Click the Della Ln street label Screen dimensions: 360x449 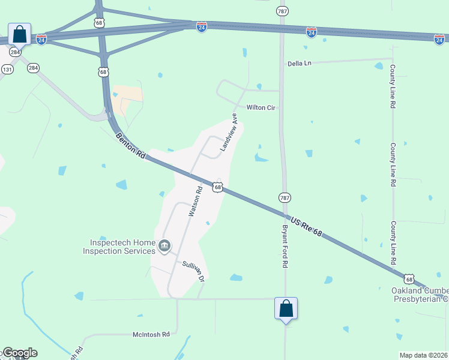pyautogui.click(x=300, y=63)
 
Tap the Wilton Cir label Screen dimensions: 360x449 pyautogui.click(x=261, y=107)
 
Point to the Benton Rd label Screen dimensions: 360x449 pyautogui.click(x=131, y=146)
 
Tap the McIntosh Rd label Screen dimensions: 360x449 pyautogui.click(x=151, y=334)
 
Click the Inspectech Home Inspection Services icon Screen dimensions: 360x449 pyautogui.click(x=164, y=245)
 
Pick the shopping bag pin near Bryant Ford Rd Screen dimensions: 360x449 pyautogui.click(x=286, y=308)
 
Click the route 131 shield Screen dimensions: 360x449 pyautogui.click(x=7, y=70)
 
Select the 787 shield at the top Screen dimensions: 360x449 pyautogui.click(x=283, y=11)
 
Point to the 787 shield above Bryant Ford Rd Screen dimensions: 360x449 pyautogui.click(x=285, y=197)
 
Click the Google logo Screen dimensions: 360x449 pyautogui.click(x=19, y=353)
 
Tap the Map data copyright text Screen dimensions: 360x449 pyautogui.click(x=423, y=355)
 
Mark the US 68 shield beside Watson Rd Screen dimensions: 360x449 pyautogui.click(x=217, y=188)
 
